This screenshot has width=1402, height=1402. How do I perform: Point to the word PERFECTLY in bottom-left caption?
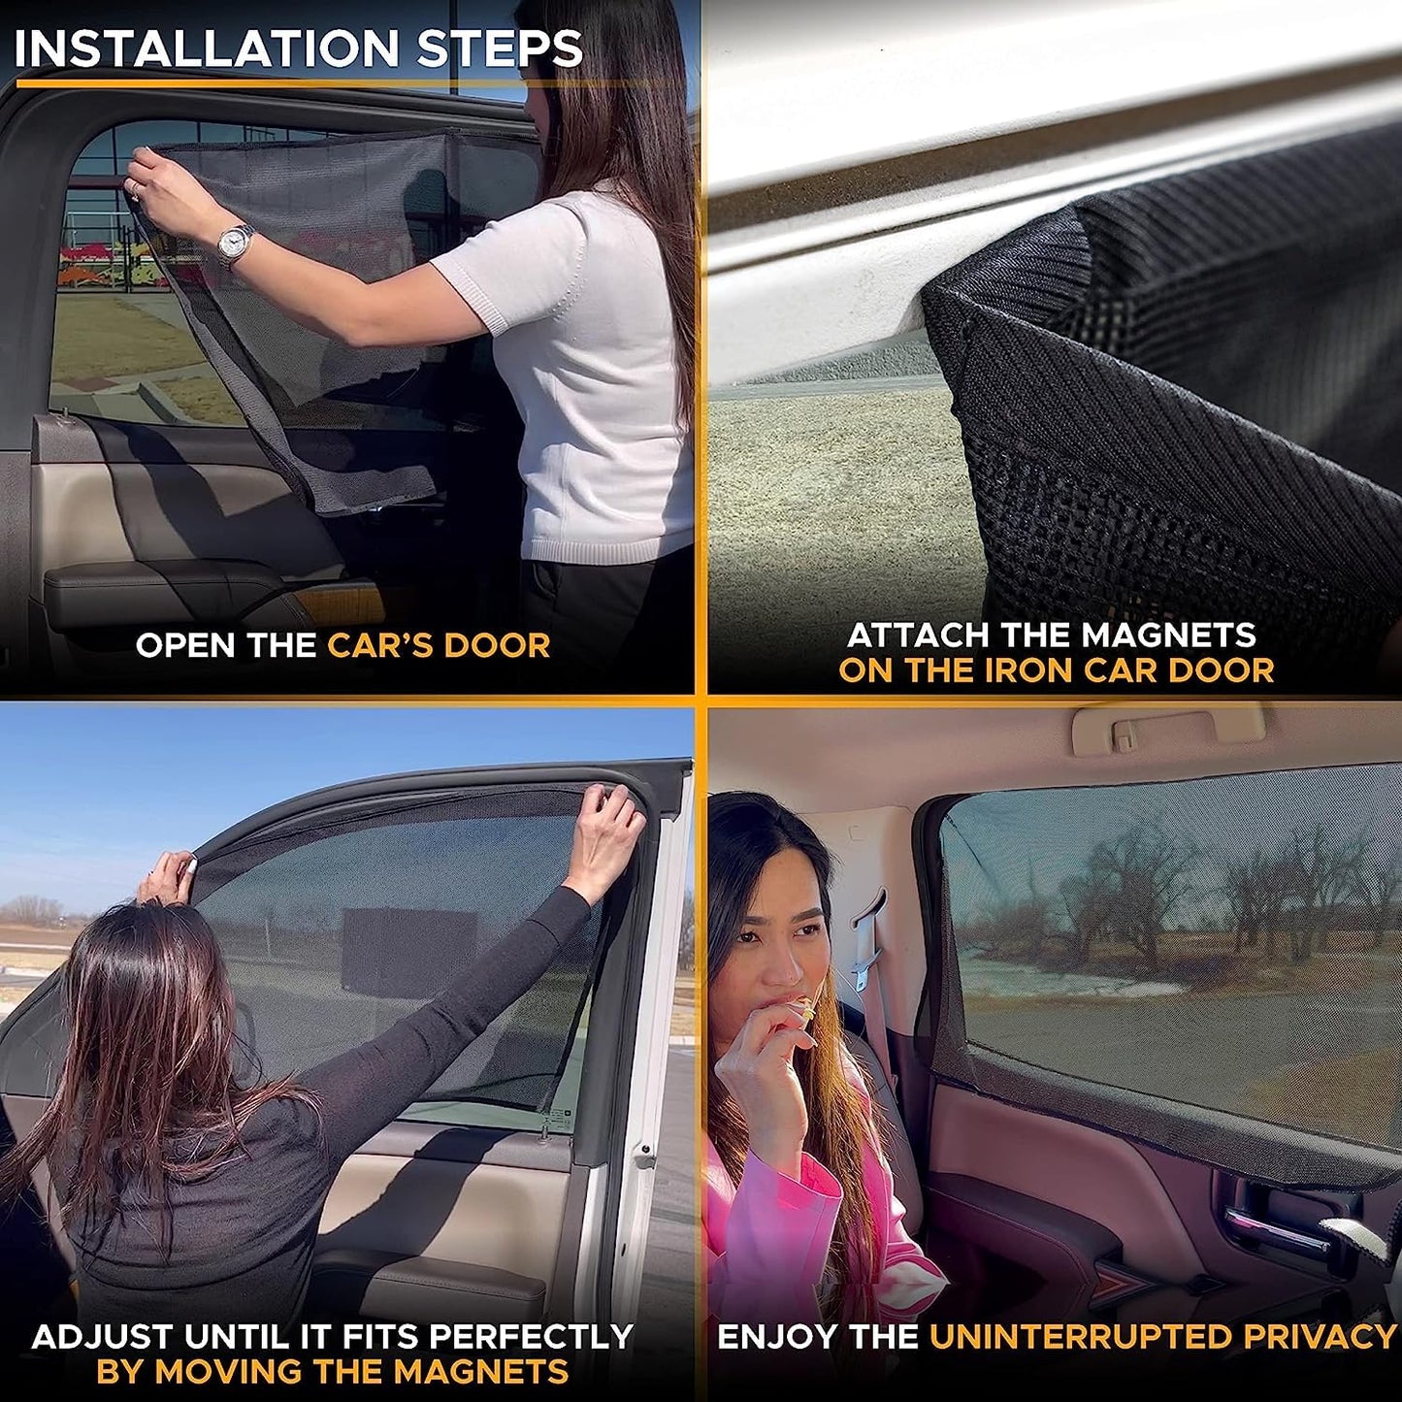click(x=531, y=1337)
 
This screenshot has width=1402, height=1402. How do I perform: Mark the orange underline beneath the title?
click(x=291, y=83)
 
